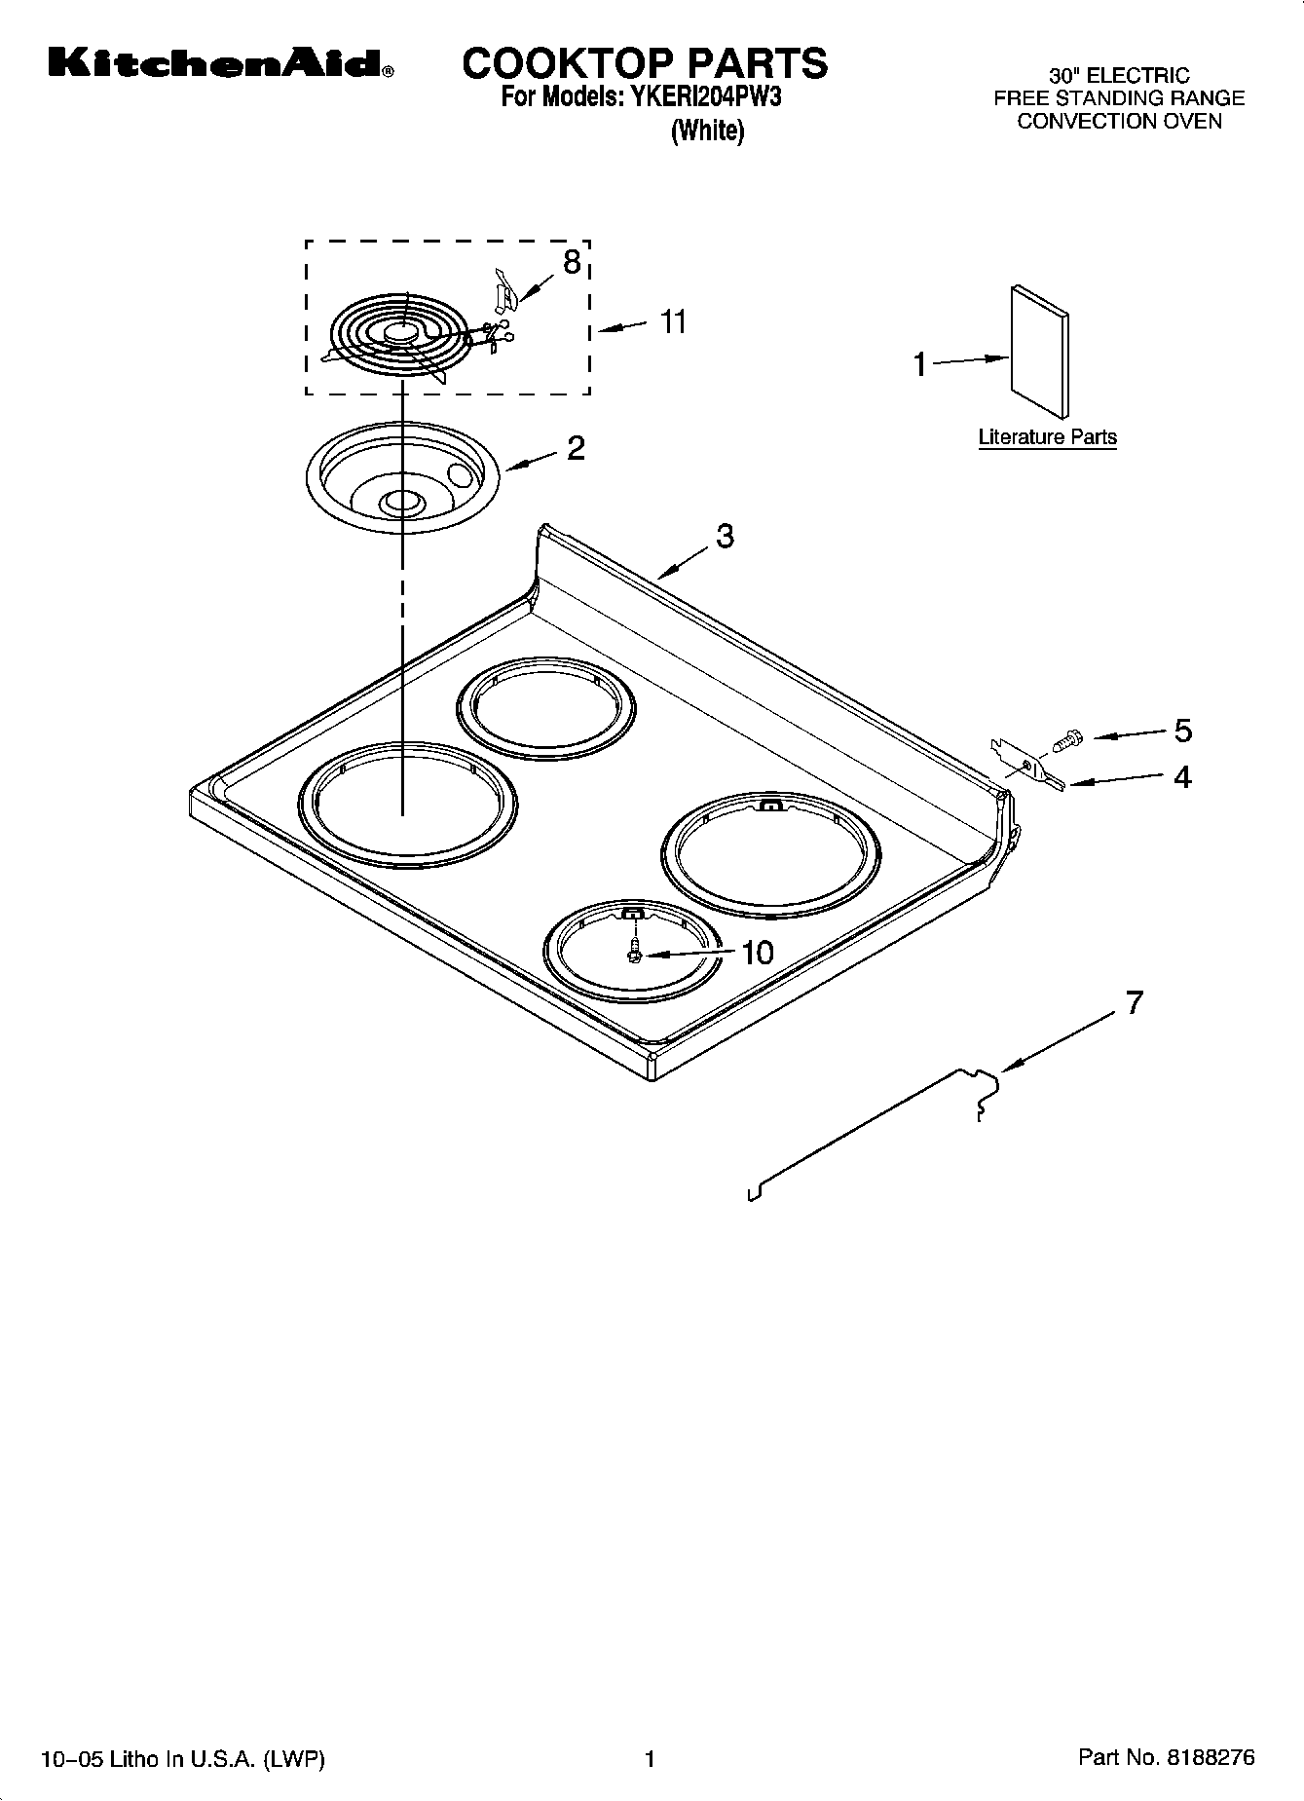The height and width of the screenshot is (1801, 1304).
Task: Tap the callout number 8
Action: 572,261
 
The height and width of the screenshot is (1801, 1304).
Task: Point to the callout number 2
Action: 576,448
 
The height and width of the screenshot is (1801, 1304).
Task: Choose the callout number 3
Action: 725,536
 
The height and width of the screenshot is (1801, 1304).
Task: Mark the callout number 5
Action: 1182,730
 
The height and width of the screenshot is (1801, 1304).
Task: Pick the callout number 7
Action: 1134,1002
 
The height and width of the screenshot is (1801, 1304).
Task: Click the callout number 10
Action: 757,953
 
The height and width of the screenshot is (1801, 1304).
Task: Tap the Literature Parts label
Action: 1047,437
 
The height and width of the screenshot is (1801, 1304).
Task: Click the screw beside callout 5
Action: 1067,742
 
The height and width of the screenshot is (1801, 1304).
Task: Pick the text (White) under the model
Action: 707,131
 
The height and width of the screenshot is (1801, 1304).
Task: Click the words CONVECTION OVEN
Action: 1118,122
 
